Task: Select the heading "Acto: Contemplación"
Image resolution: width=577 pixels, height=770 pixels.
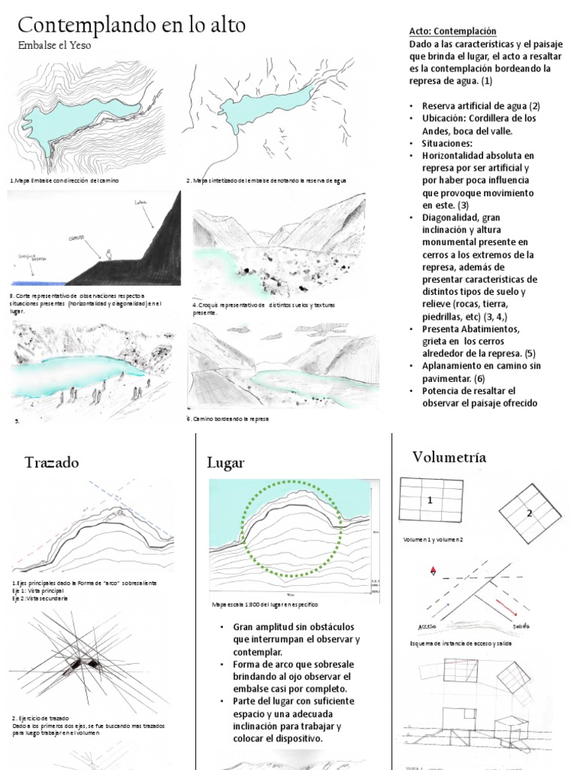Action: click(452, 32)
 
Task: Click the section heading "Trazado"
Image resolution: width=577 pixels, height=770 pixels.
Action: click(51, 462)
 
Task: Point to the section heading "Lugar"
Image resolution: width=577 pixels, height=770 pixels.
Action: click(225, 462)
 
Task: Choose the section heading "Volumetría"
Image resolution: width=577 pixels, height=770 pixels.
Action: click(449, 457)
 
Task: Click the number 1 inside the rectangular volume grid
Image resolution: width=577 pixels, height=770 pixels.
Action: click(430, 500)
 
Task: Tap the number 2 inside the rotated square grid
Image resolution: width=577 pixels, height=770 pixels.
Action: click(529, 513)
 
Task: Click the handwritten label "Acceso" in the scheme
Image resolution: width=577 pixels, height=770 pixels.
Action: click(427, 626)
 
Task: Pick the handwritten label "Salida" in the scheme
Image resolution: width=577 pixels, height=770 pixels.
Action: click(522, 626)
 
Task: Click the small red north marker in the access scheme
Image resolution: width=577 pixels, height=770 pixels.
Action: click(433, 573)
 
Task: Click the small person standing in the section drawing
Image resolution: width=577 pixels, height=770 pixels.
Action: click(110, 255)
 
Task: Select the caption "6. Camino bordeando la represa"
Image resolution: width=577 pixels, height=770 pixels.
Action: click(228, 419)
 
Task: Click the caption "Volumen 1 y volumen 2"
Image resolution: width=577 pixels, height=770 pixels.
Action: click(434, 540)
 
